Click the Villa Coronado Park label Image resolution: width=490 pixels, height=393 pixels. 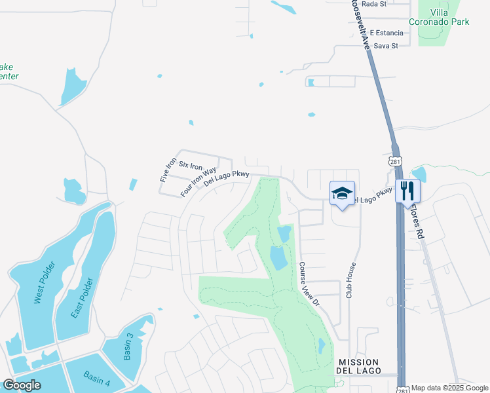click(x=448, y=17)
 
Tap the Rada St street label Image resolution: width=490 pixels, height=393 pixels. click(x=374, y=4)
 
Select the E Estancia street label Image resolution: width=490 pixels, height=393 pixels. click(x=385, y=32)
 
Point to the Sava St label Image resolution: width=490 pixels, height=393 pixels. click(x=386, y=45)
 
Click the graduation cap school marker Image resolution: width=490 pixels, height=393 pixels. click(x=342, y=193)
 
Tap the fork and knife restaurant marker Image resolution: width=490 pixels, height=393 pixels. click(x=407, y=191)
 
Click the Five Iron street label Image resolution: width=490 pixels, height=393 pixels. click(x=164, y=169)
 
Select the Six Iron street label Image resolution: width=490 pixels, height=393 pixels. click(x=191, y=166)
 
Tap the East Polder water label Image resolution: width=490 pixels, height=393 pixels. click(x=81, y=297)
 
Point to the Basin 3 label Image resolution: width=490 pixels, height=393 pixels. click(x=128, y=346)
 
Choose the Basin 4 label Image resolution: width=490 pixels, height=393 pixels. click(x=97, y=378)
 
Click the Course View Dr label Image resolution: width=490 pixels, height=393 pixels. click(x=309, y=285)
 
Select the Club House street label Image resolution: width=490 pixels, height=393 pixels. click(x=351, y=280)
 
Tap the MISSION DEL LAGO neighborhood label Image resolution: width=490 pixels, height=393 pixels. click(x=358, y=366)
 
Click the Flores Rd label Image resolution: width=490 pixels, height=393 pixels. click(x=416, y=219)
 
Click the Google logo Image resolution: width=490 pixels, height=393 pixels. click(x=22, y=385)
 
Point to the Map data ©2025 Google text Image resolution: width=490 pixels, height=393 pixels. click(x=449, y=388)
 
